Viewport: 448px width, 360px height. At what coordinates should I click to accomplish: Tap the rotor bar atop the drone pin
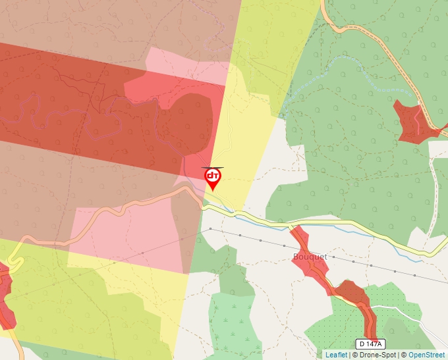click(213, 167)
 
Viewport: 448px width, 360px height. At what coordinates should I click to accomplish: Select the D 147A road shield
click(370, 344)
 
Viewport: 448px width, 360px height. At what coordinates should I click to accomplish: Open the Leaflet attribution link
click(336, 355)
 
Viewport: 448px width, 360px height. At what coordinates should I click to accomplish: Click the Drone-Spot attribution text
click(378, 355)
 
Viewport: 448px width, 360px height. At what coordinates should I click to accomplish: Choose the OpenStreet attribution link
click(427, 355)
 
